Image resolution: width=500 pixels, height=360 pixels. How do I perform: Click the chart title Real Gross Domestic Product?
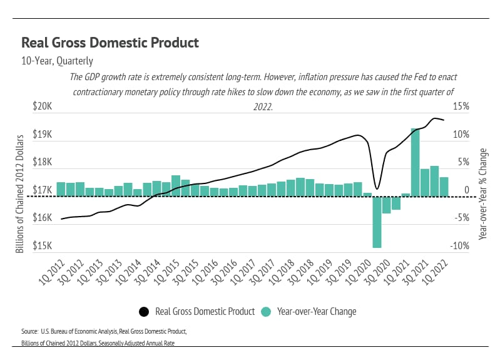click(110, 43)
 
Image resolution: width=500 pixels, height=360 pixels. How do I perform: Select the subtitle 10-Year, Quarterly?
click(57, 61)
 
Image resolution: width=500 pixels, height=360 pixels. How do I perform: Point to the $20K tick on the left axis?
click(43, 107)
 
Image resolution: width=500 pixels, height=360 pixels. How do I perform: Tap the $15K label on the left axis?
click(43, 246)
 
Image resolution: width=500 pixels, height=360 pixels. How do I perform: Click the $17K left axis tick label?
click(43, 190)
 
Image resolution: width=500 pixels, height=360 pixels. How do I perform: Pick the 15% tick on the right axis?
click(461, 107)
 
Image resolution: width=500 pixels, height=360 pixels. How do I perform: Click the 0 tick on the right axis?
click(467, 190)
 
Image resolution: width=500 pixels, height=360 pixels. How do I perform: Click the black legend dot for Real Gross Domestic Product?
click(143, 311)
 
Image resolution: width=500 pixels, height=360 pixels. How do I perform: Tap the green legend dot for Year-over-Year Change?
click(265, 311)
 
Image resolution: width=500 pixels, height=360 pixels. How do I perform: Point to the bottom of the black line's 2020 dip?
click(377, 188)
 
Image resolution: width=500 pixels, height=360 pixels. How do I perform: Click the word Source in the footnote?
click(29, 330)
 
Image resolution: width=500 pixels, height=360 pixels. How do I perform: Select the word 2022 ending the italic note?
click(263, 106)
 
